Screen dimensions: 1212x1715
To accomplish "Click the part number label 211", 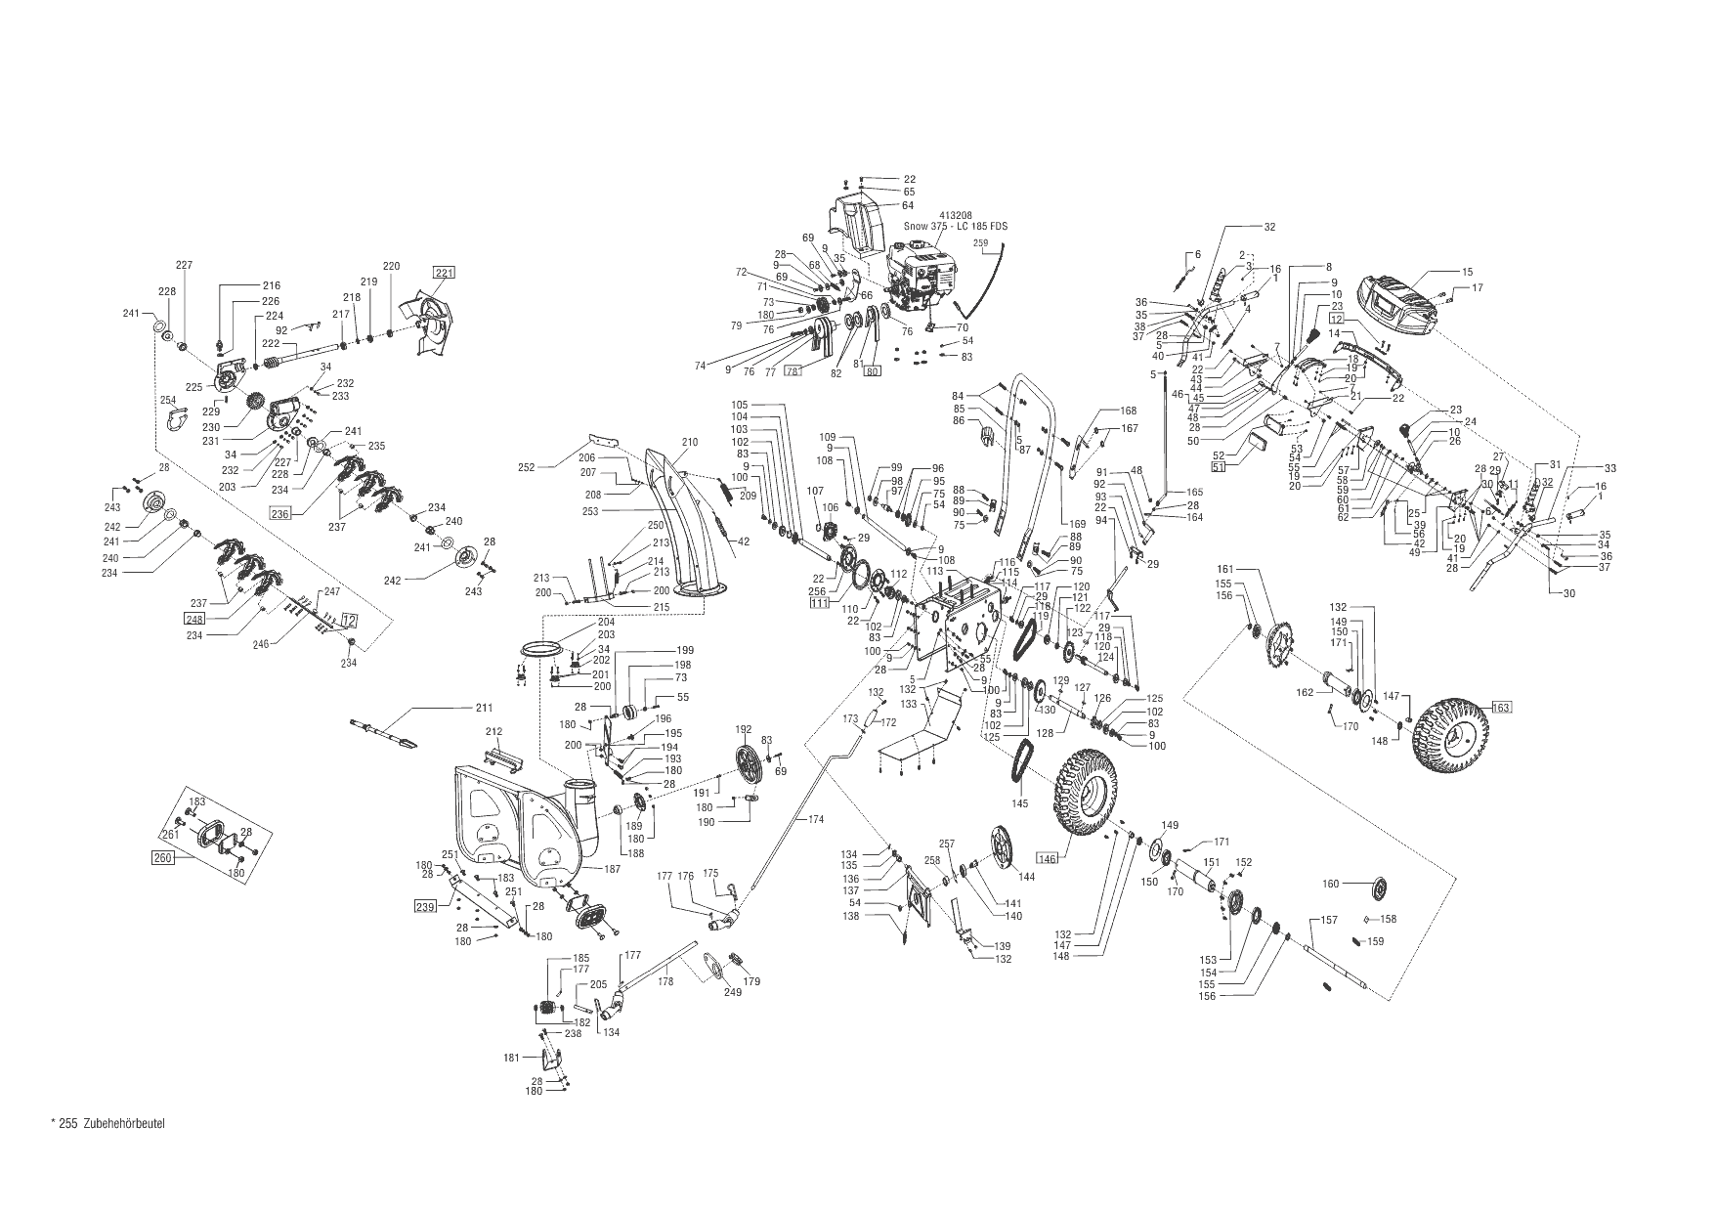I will click(x=485, y=707).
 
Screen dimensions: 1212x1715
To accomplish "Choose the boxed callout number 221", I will click(x=445, y=273).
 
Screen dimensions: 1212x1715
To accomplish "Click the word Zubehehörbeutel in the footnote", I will click(x=125, y=1123).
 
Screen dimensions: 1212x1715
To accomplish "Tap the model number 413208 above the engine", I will click(x=955, y=214).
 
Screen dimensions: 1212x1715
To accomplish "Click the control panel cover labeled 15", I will click(x=1398, y=300).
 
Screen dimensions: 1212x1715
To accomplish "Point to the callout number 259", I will click(x=981, y=242).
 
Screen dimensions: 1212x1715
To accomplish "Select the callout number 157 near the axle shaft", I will click(x=1329, y=920).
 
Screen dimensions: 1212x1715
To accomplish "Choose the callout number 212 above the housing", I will click(x=493, y=731).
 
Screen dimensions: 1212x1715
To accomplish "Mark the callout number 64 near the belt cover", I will click(x=908, y=205).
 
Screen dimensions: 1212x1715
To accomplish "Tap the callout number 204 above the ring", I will click(x=606, y=622).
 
